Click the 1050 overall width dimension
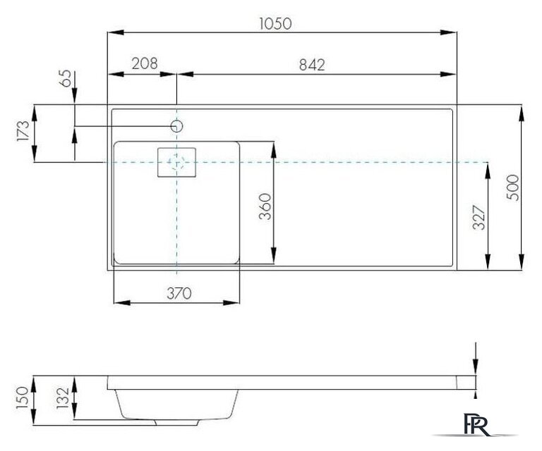pyautogui.click(x=275, y=23)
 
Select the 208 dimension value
pyautogui.click(x=145, y=63)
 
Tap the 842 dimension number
pyautogui.click(x=312, y=65)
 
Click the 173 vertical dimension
pyautogui.click(x=23, y=131)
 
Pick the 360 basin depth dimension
pyautogui.click(x=265, y=206)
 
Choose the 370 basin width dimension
pyautogui.click(x=179, y=293)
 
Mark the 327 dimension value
pyautogui.click(x=479, y=217)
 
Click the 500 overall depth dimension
pyautogui.click(x=513, y=187)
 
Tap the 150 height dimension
pyautogui.click(x=23, y=397)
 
